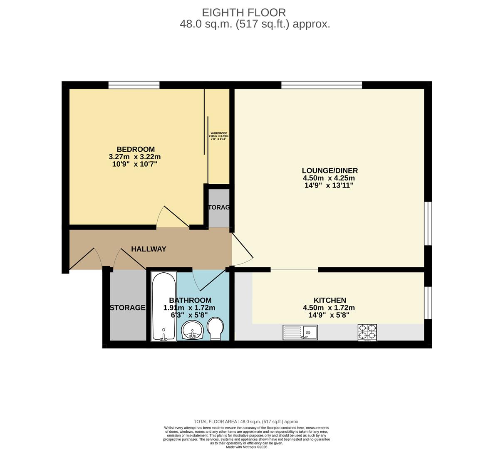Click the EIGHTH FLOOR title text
(x=244, y=12)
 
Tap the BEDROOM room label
(x=135, y=149)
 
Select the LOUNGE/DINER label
(x=329, y=170)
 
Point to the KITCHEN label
(x=329, y=300)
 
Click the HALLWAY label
(x=149, y=249)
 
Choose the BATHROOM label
(x=190, y=300)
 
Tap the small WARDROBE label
(x=218, y=133)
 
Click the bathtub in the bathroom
(x=164, y=306)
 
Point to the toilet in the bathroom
(x=215, y=329)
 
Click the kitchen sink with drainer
(x=300, y=333)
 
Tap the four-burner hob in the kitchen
(x=367, y=333)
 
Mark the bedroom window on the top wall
(x=134, y=85)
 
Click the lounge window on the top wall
(x=322, y=85)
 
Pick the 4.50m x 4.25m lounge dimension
(x=329, y=178)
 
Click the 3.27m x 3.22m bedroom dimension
(x=134, y=157)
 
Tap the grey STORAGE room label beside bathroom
(x=127, y=308)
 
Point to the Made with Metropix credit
(x=246, y=447)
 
